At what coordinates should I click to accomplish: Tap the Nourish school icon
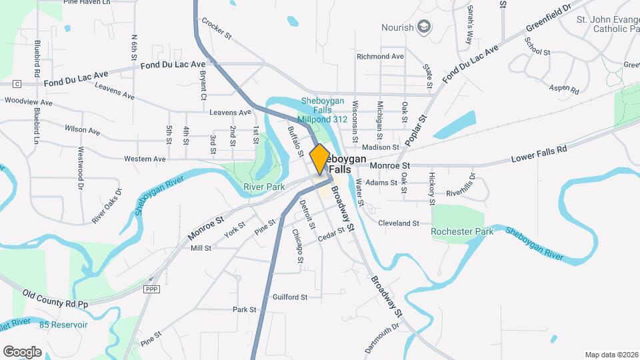424,27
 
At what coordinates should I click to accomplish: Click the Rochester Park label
462,231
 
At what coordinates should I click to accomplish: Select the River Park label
264,187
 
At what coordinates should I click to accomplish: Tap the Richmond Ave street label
380,57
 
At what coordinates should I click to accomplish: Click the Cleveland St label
398,223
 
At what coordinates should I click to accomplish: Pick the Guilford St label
289,297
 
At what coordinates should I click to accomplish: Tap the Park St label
245,309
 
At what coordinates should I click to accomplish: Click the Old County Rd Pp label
55,298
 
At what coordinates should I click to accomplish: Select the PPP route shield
151,289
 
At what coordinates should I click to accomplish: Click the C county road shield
17,83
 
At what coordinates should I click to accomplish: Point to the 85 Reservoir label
63,325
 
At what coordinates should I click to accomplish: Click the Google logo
22,351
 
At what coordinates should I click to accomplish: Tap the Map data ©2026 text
611,354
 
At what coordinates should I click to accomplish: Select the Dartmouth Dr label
381,338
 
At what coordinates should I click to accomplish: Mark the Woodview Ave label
28,102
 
